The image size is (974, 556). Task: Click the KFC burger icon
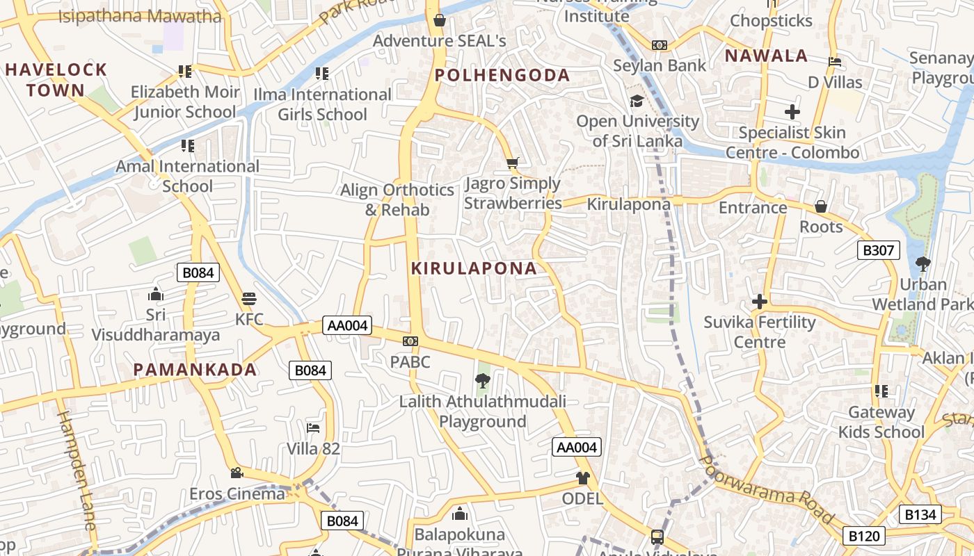point(249,300)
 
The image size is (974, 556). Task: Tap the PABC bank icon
point(410,341)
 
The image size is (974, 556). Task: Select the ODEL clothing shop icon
point(582,478)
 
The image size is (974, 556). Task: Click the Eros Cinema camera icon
point(237,473)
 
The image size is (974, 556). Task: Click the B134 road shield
point(921,514)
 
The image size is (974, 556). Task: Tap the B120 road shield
point(865,536)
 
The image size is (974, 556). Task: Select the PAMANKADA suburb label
point(195,370)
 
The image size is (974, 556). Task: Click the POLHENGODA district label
point(502,75)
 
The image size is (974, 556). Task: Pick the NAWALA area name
point(766,56)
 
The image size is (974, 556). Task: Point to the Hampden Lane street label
point(77,471)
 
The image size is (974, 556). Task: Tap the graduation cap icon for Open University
point(637,101)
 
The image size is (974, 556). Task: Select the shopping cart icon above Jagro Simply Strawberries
point(513,163)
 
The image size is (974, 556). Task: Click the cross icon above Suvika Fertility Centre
point(759,302)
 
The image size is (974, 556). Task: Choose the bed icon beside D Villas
point(835,62)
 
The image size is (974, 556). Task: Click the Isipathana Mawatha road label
point(139,16)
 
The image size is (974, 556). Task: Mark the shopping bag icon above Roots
point(821,206)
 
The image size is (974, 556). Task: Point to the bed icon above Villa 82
point(313,427)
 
